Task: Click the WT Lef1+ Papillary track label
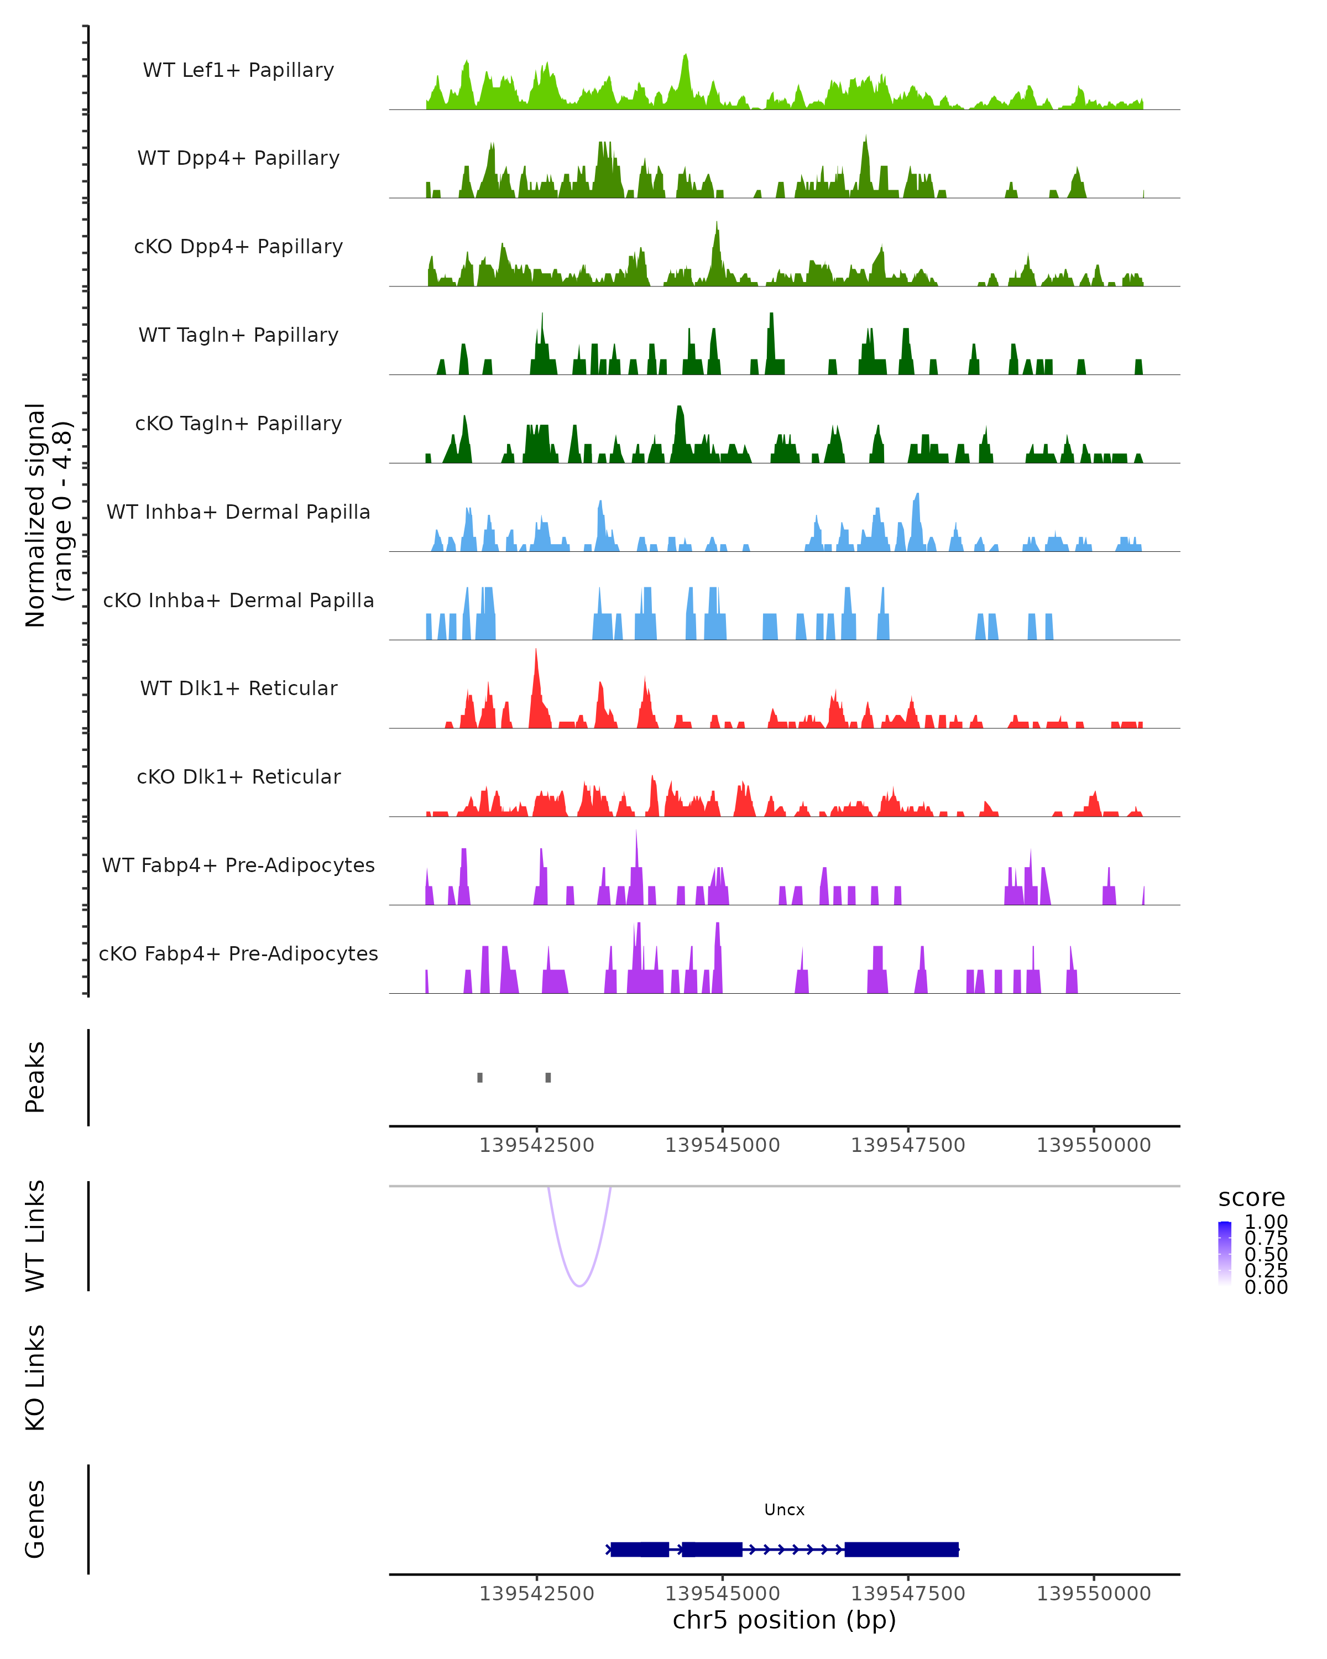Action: click(x=238, y=70)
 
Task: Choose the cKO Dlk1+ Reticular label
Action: click(x=238, y=776)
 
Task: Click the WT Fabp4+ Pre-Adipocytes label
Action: click(x=238, y=865)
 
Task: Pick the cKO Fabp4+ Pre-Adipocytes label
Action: click(x=238, y=953)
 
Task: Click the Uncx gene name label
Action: click(x=784, y=1510)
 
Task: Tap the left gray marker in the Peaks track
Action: click(x=480, y=1077)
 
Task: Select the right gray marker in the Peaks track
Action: click(x=548, y=1077)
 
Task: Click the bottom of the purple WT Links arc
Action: click(x=579, y=1285)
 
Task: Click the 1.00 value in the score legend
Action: click(x=1266, y=1222)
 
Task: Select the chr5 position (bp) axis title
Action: click(x=784, y=1620)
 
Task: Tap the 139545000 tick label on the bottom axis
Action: click(x=722, y=1594)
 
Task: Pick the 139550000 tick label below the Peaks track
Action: click(x=1093, y=1145)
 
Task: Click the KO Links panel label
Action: click(x=35, y=1378)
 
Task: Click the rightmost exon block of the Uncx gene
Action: click(x=902, y=1549)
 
